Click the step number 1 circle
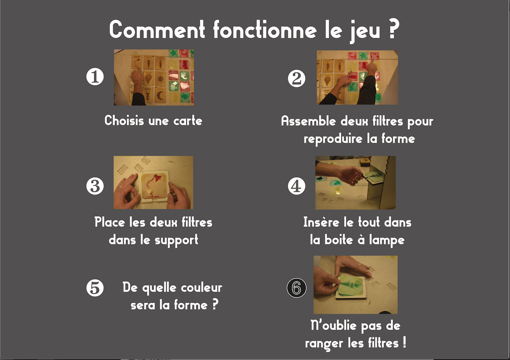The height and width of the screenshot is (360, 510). click(x=95, y=77)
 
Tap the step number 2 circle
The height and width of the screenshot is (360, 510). click(x=296, y=78)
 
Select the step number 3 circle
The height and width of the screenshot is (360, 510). click(x=95, y=186)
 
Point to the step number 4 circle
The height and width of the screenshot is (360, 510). click(x=296, y=186)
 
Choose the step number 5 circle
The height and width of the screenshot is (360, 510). click(x=95, y=288)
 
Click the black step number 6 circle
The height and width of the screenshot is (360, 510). click(x=296, y=288)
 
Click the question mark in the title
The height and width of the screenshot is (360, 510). click(x=393, y=29)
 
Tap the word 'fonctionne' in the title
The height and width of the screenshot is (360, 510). click(x=265, y=30)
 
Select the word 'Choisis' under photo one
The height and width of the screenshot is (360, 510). click(x=124, y=120)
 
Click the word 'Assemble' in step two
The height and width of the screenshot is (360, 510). click(x=308, y=121)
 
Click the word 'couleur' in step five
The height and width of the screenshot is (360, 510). click(x=202, y=288)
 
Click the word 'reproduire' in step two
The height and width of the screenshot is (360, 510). click(x=333, y=139)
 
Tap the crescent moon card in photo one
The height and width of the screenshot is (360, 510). click(x=160, y=96)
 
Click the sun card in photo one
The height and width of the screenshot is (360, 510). click(x=160, y=79)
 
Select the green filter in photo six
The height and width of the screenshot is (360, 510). click(x=351, y=286)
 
